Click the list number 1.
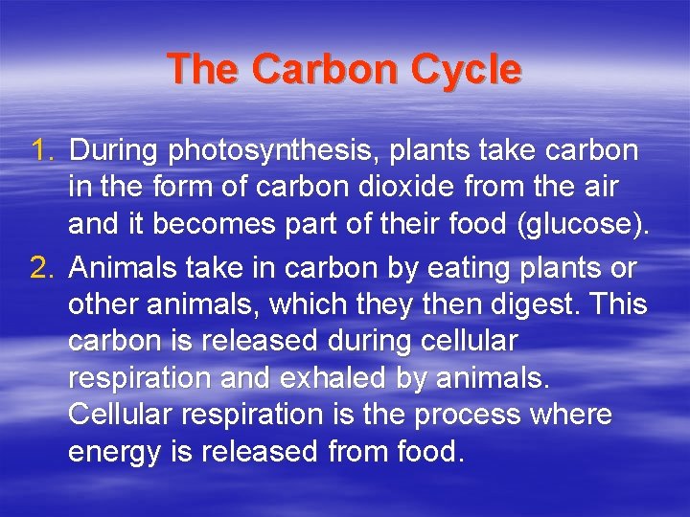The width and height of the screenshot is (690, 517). point(43,150)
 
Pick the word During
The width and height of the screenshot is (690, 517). point(115,150)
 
